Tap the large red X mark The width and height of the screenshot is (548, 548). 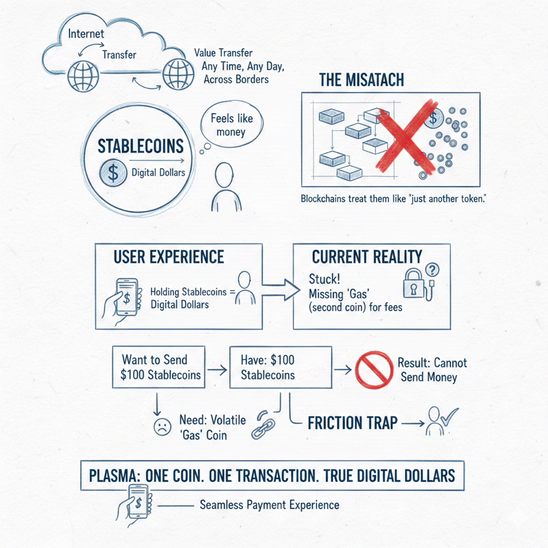[404, 136]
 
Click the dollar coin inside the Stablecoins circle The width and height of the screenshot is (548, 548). [113, 174]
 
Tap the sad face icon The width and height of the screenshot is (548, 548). [160, 426]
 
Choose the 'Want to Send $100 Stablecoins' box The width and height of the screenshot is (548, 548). [158, 368]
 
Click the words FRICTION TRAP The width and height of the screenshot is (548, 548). [352, 423]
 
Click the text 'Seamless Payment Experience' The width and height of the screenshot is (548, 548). [269, 505]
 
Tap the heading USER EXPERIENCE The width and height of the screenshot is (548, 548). [169, 257]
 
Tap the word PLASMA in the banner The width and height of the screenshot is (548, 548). [120, 475]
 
